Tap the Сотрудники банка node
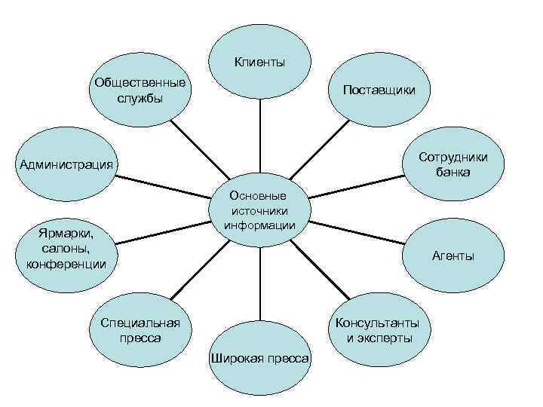pyautogui.click(x=453, y=165)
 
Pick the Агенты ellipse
pyautogui.click(x=452, y=256)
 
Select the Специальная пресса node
pyautogui.click(x=140, y=330)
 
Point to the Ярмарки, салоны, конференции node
pyautogui.click(x=66, y=249)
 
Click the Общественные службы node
pyautogui.click(x=140, y=90)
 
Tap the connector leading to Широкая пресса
pyautogui.click(x=260, y=286)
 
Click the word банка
pyautogui.click(x=453, y=173)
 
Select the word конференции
pyautogui.click(x=66, y=264)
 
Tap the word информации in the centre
pyautogui.click(x=259, y=225)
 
